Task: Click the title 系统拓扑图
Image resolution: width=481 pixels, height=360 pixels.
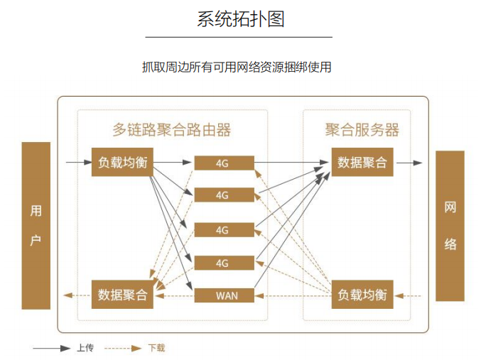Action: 240,19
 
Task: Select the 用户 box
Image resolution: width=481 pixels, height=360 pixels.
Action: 36,225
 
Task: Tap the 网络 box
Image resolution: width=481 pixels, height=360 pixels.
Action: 450,226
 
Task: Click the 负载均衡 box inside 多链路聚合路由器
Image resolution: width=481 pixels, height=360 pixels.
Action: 122,163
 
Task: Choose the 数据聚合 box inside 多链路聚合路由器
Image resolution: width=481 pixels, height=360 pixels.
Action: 122,295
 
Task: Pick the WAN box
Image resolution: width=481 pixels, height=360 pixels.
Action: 225,295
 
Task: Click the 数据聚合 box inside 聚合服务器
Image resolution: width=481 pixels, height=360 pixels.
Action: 362,163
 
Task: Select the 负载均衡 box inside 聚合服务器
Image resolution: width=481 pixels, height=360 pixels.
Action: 362,295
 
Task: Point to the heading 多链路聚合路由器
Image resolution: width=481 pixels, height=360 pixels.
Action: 172,130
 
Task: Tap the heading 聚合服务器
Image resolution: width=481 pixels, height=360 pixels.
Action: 362,130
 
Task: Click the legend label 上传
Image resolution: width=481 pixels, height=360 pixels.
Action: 85,348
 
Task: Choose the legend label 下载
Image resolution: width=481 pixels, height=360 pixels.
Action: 156,348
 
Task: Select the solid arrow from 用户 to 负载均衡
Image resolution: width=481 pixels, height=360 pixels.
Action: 78,163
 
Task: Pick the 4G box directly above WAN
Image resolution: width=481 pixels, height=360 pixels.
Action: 225,263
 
